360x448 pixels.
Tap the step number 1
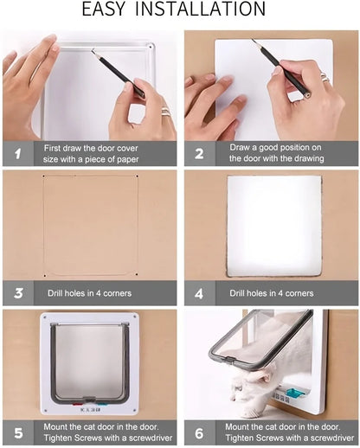pos(16,154)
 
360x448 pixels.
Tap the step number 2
pos(200,154)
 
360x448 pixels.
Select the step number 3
pos(16,293)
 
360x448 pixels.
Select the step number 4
pos(200,293)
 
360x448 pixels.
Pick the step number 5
pos(16,432)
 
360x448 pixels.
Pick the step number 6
pos(200,432)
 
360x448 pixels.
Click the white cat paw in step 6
pos(240,397)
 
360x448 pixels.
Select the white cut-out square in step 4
pos(273,227)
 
